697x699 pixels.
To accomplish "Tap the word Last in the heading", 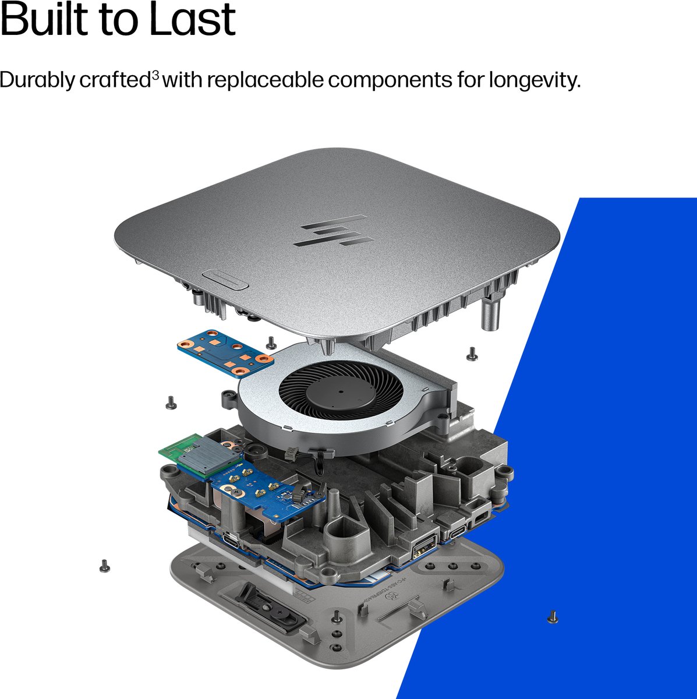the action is [193, 18].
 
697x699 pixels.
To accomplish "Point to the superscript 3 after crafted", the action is [155, 75].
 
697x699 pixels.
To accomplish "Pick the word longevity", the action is [535, 80].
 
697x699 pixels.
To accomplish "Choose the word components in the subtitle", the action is [390, 81].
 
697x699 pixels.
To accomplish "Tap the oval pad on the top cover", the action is [225, 280].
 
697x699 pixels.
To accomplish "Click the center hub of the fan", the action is [341, 392].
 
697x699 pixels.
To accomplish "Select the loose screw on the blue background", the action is [553, 617].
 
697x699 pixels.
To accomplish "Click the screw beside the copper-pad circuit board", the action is [271, 343].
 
